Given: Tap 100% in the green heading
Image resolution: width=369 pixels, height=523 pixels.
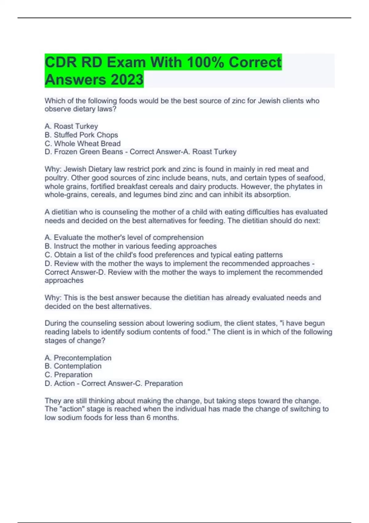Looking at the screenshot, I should click(205, 62).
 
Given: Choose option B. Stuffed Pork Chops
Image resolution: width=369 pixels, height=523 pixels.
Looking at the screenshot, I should click(81, 135).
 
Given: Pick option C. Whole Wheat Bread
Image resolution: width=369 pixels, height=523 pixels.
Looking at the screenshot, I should click(82, 143).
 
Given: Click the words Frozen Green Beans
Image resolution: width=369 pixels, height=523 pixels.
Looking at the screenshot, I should click(89, 152).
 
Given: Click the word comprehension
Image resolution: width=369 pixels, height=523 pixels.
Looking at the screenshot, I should click(178, 238).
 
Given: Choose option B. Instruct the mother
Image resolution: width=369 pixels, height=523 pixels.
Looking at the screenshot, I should click(131, 246).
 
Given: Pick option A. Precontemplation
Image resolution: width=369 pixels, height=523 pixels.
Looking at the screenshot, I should click(78, 358).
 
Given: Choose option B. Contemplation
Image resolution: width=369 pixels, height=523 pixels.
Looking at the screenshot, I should click(73, 366).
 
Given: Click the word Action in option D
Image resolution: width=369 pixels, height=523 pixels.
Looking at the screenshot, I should click(64, 383).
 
